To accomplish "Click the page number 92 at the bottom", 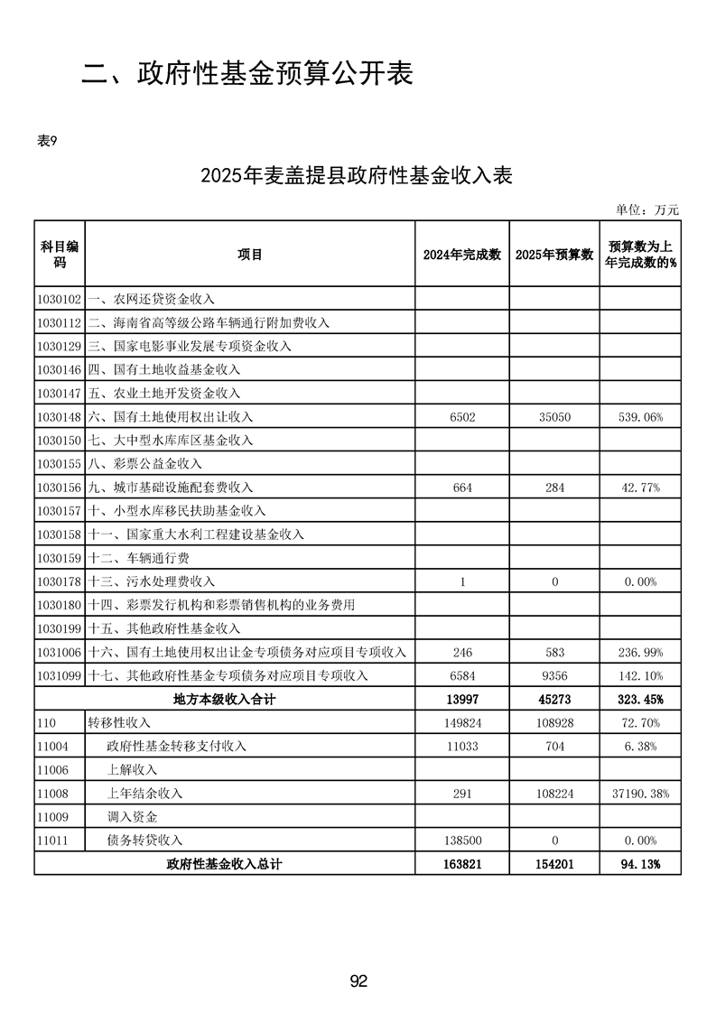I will coord(358,981).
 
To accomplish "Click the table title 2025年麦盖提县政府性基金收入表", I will coord(358,176).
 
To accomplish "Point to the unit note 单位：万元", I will coord(646,209).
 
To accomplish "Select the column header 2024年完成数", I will coord(461,255).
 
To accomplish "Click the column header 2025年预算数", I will coord(554,255).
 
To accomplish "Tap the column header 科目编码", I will coord(60,255).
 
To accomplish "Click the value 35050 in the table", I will coord(554,417).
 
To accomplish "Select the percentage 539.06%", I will coord(640,417).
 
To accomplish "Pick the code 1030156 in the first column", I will coord(60,488).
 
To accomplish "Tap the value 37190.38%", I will coord(640,793).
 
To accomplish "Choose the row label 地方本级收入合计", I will coord(224,699).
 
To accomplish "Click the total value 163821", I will coord(461,864).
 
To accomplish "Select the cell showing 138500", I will coord(461,840).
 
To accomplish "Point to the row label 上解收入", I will coord(132,769).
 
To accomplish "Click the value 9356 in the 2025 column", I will coord(554,675).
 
